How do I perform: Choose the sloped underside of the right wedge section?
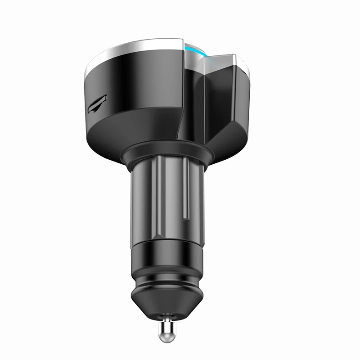tap(225, 135)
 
